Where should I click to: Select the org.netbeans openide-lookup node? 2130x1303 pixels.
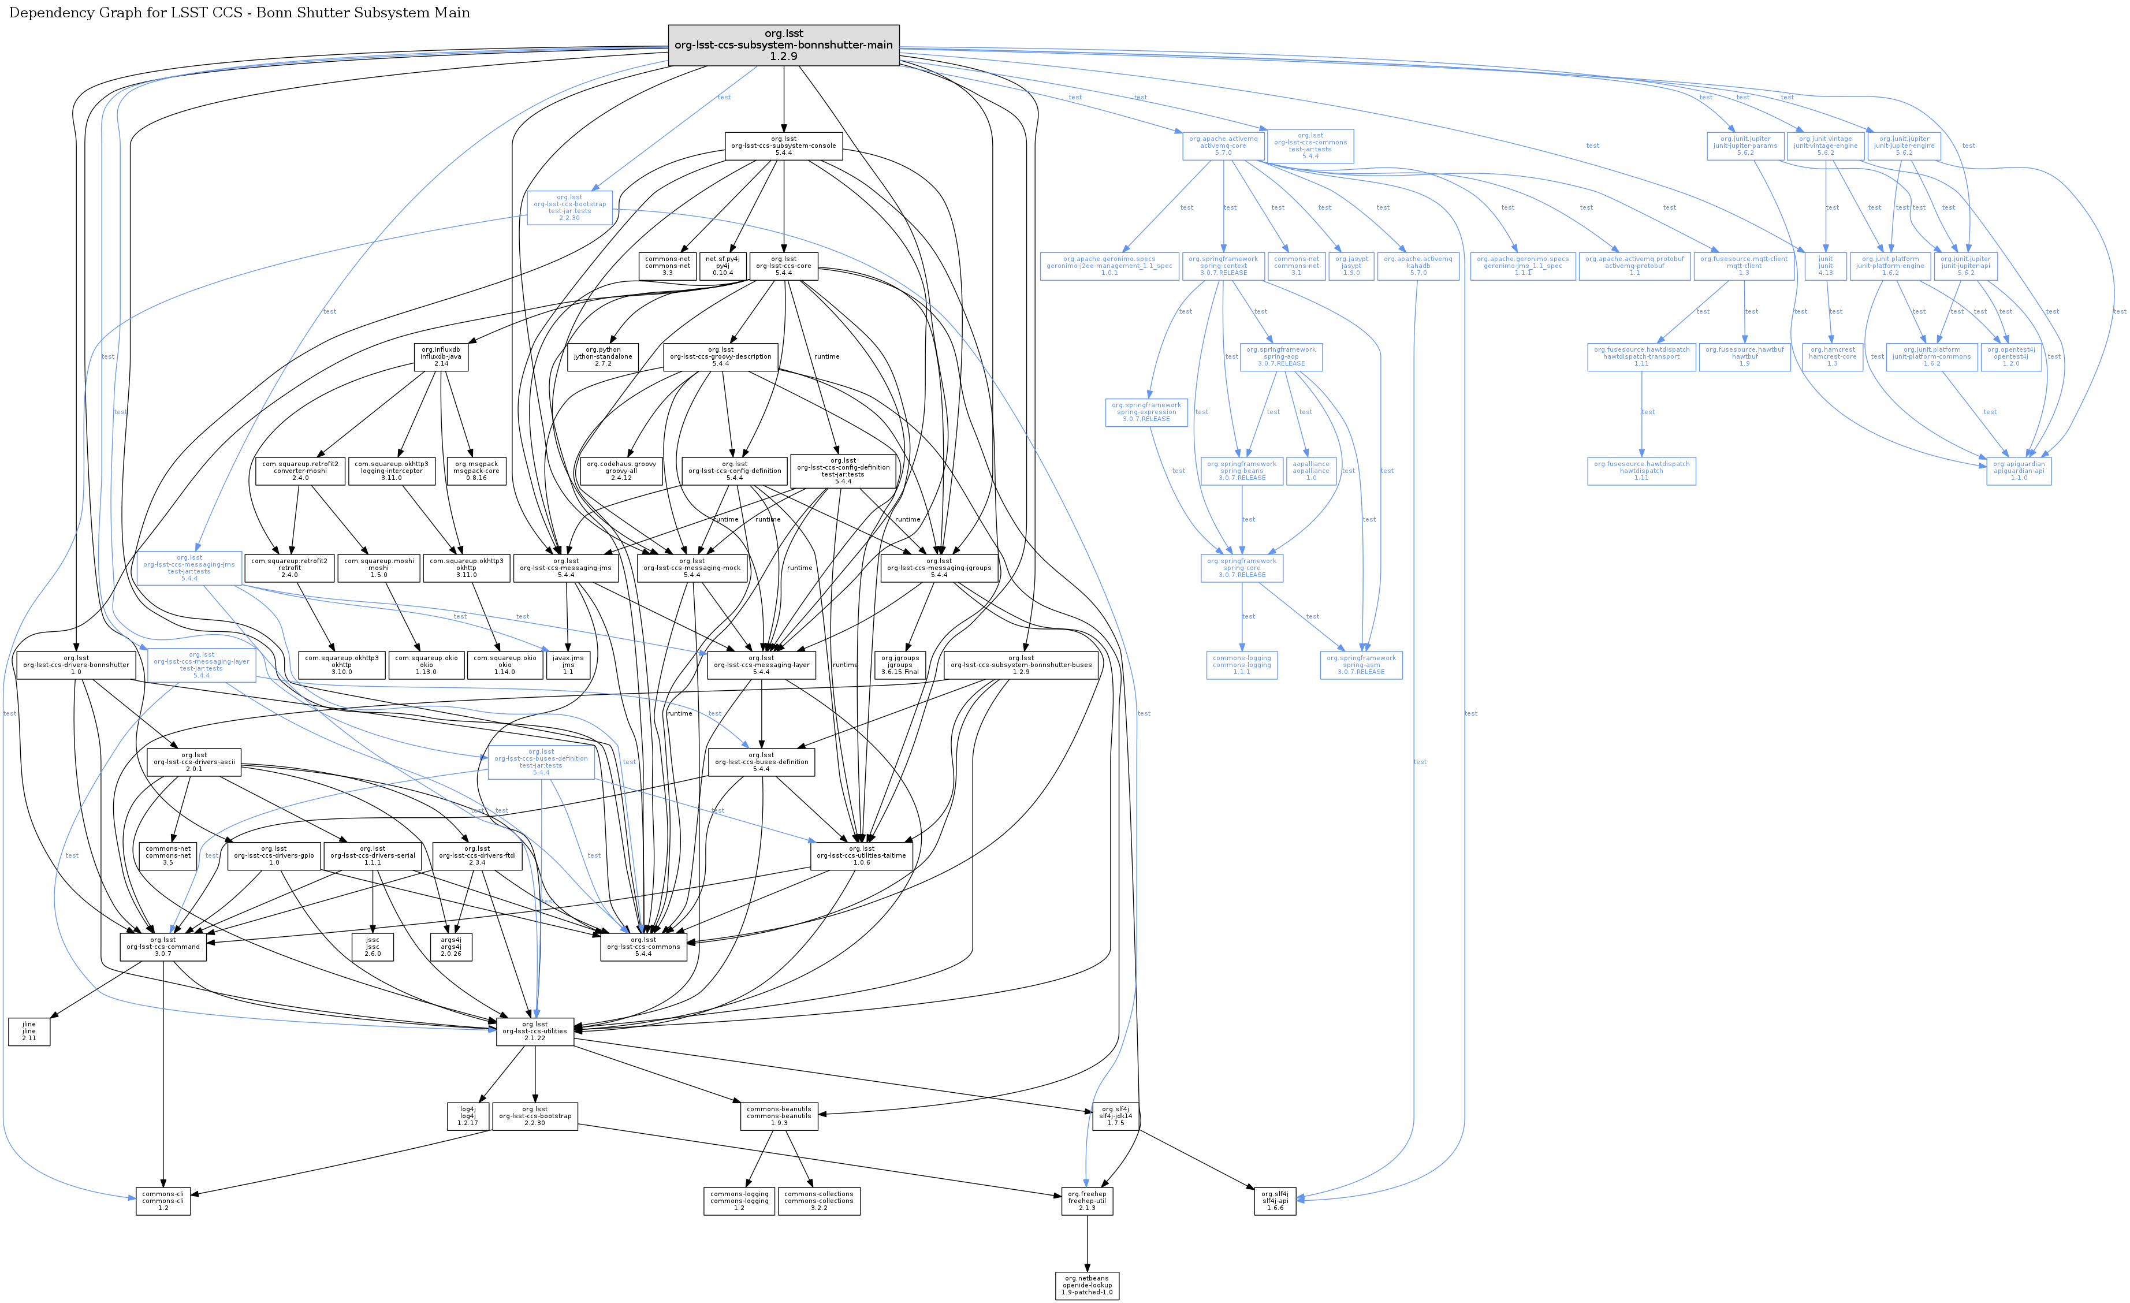[1086, 1285]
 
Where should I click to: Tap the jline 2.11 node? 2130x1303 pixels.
[29, 1030]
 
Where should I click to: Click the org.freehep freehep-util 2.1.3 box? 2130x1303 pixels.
[1086, 1200]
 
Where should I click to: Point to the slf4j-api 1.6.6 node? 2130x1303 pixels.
[1275, 1200]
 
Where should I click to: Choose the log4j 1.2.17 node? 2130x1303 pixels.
[468, 1115]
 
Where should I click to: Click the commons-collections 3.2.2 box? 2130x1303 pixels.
[818, 1200]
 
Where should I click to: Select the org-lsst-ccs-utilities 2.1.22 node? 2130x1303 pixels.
[534, 1030]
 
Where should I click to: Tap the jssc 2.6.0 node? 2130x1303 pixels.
[373, 946]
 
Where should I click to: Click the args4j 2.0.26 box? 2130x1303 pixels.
[451, 946]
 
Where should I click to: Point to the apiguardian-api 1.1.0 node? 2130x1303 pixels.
[2019, 470]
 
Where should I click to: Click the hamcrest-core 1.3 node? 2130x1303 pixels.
[1832, 356]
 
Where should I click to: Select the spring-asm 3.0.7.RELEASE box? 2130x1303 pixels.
[1361, 664]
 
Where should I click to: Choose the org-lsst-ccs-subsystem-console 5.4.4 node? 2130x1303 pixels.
[783, 145]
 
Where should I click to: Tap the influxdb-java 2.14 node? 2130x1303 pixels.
[441, 356]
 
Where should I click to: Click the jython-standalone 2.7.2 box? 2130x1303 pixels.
[602, 356]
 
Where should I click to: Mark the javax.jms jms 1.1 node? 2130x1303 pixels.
[568, 664]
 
